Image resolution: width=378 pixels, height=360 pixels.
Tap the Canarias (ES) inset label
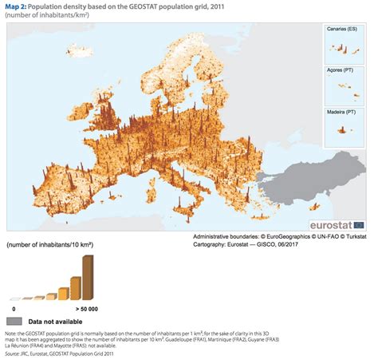tap(341, 29)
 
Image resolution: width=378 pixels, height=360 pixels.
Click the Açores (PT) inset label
tap(339, 69)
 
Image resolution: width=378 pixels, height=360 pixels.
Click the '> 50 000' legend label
tap(87, 307)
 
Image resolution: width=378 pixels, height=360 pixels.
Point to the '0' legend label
tap(13, 307)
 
